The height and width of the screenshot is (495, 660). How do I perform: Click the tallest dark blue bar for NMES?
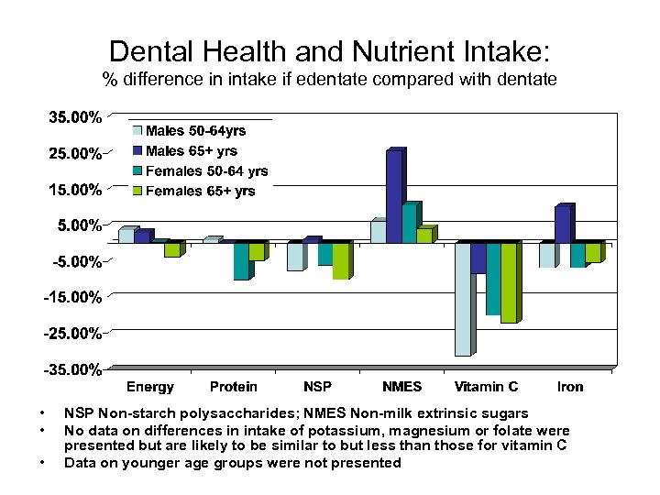click(x=393, y=196)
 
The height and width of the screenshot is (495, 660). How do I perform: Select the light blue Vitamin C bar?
click(x=463, y=299)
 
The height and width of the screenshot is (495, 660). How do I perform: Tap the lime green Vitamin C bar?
click(x=509, y=282)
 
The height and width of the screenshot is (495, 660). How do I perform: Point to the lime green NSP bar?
click(x=340, y=261)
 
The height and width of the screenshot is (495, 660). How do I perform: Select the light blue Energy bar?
click(x=126, y=236)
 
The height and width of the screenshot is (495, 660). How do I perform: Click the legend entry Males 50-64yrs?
click(x=194, y=131)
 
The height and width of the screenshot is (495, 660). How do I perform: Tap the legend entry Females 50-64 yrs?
click(x=205, y=171)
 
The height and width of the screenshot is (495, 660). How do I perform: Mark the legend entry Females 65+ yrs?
click(x=199, y=192)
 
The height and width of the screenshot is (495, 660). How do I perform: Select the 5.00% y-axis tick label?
click(x=78, y=225)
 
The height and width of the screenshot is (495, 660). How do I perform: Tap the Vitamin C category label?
click(x=486, y=387)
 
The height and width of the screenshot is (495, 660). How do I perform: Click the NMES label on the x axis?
click(x=402, y=387)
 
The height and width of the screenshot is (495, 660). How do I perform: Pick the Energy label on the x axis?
click(x=149, y=387)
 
